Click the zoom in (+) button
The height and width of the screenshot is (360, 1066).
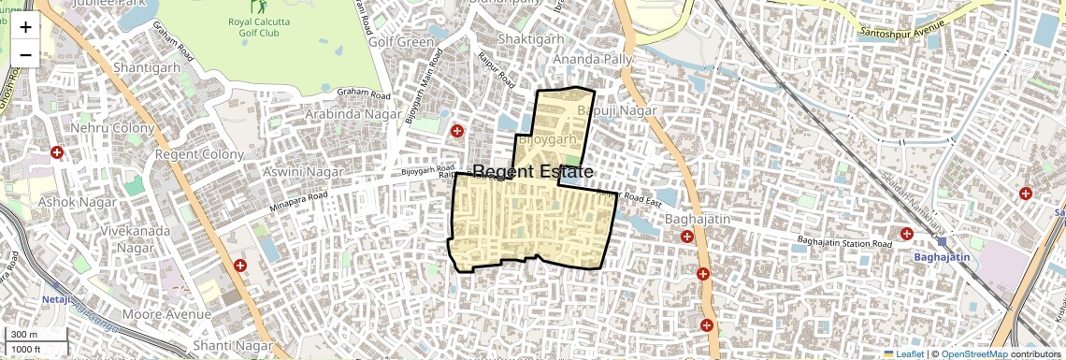tap(25, 27)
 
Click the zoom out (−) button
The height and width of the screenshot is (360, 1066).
tap(25, 55)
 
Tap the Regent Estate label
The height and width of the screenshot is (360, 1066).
tap(532, 172)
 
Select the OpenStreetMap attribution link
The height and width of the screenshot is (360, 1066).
tap(973, 353)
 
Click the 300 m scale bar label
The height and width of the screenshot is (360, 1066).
tap(24, 335)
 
